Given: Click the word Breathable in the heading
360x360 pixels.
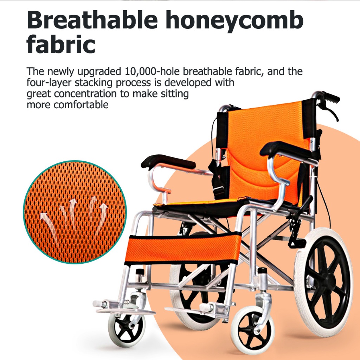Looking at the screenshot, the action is pos(92,20).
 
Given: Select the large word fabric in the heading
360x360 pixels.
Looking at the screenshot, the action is pos(61,44).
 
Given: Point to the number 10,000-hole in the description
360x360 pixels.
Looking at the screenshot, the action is pos(152,71).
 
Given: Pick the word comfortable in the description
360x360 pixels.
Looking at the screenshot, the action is pos(81,105).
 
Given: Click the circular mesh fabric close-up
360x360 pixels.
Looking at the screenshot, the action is pos(75,212).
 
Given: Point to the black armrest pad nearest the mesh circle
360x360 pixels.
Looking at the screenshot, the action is pos(168,161).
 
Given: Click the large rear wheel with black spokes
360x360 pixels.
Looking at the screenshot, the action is pos(324,282).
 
